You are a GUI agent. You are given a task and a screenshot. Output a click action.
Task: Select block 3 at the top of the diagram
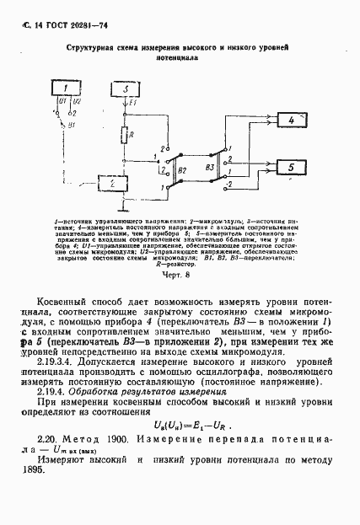124,89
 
